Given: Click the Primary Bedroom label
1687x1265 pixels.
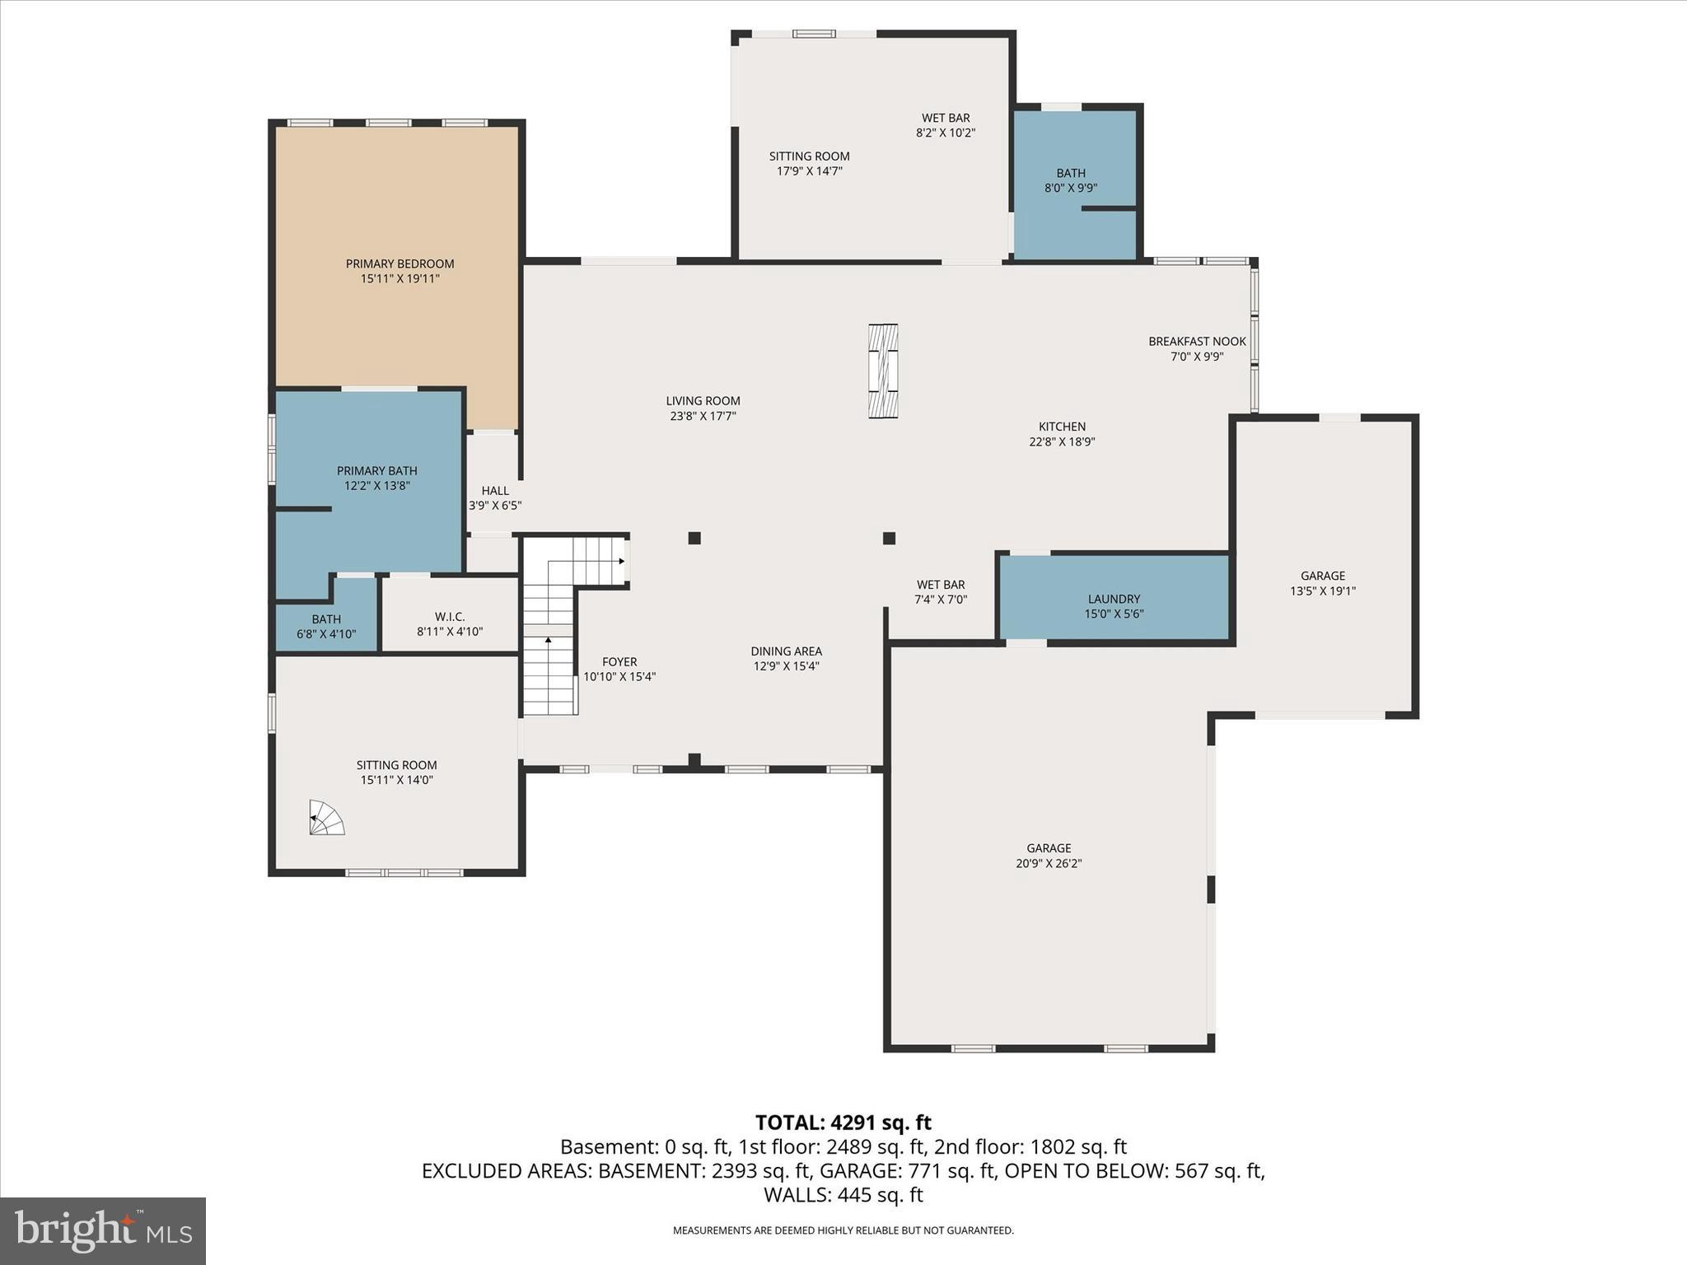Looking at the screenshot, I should coord(400,264).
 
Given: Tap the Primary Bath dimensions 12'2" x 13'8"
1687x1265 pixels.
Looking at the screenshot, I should coord(376,486).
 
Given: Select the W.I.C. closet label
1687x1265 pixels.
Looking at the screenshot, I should coord(450,617).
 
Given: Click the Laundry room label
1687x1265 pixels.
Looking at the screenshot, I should coord(1114,600).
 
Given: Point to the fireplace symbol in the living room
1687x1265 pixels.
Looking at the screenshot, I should coord(882,371).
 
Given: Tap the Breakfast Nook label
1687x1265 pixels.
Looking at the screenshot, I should coord(1197,342).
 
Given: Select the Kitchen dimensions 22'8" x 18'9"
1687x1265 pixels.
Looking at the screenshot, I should coord(1062,441).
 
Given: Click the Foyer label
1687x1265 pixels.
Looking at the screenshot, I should coord(619,662).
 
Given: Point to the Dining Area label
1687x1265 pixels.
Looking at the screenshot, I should coord(786,651).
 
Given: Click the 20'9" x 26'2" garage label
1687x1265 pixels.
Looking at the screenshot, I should coord(1049,863).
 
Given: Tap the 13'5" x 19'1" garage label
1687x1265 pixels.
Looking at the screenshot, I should coord(1322,590).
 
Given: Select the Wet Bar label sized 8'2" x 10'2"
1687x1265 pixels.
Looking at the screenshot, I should coord(946,119).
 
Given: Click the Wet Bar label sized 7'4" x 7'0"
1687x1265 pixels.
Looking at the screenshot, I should coord(940,586).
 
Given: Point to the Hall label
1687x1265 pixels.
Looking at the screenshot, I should coord(495,491).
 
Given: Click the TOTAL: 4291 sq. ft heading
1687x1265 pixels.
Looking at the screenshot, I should coord(843,1123).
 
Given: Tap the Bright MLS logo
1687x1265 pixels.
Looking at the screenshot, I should coord(103,1230).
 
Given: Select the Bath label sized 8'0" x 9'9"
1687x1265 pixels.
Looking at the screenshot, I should coord(1071,173).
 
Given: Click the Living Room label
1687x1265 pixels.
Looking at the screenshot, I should coord(703,401).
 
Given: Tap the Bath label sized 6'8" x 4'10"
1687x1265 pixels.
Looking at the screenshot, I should coord(326,619).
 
